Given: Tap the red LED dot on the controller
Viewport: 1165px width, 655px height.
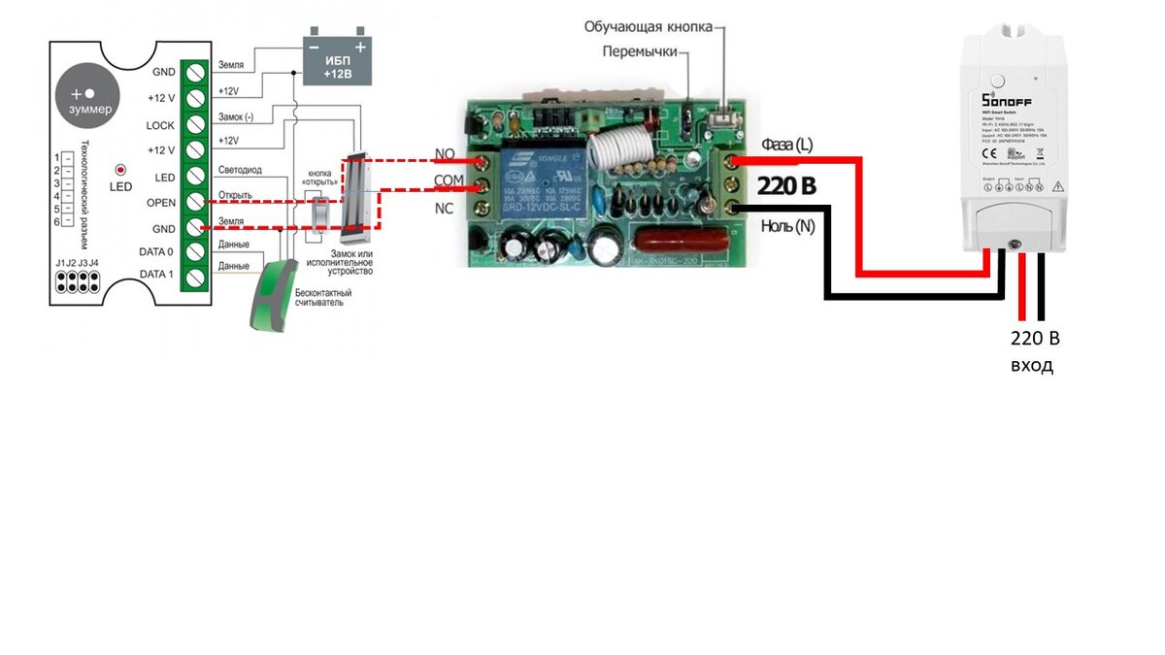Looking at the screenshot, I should (x=120, y=169).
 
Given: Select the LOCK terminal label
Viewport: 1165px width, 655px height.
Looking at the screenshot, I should (x=160, y=125).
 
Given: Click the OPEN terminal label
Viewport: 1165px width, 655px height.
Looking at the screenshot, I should (x=160, y=203).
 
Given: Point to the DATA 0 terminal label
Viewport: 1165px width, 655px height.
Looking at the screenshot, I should (x=156, y=252).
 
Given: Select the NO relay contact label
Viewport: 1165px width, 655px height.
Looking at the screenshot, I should (x=446, y=154).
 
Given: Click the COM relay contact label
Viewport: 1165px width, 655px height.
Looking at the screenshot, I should (x=449, y=181).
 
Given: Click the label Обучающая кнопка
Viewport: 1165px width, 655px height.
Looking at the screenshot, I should (x=648, y=26).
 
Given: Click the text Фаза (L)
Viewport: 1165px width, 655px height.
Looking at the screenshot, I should (x=786, y=145).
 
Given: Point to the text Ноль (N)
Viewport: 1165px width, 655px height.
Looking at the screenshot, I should (x=787, y=226).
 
